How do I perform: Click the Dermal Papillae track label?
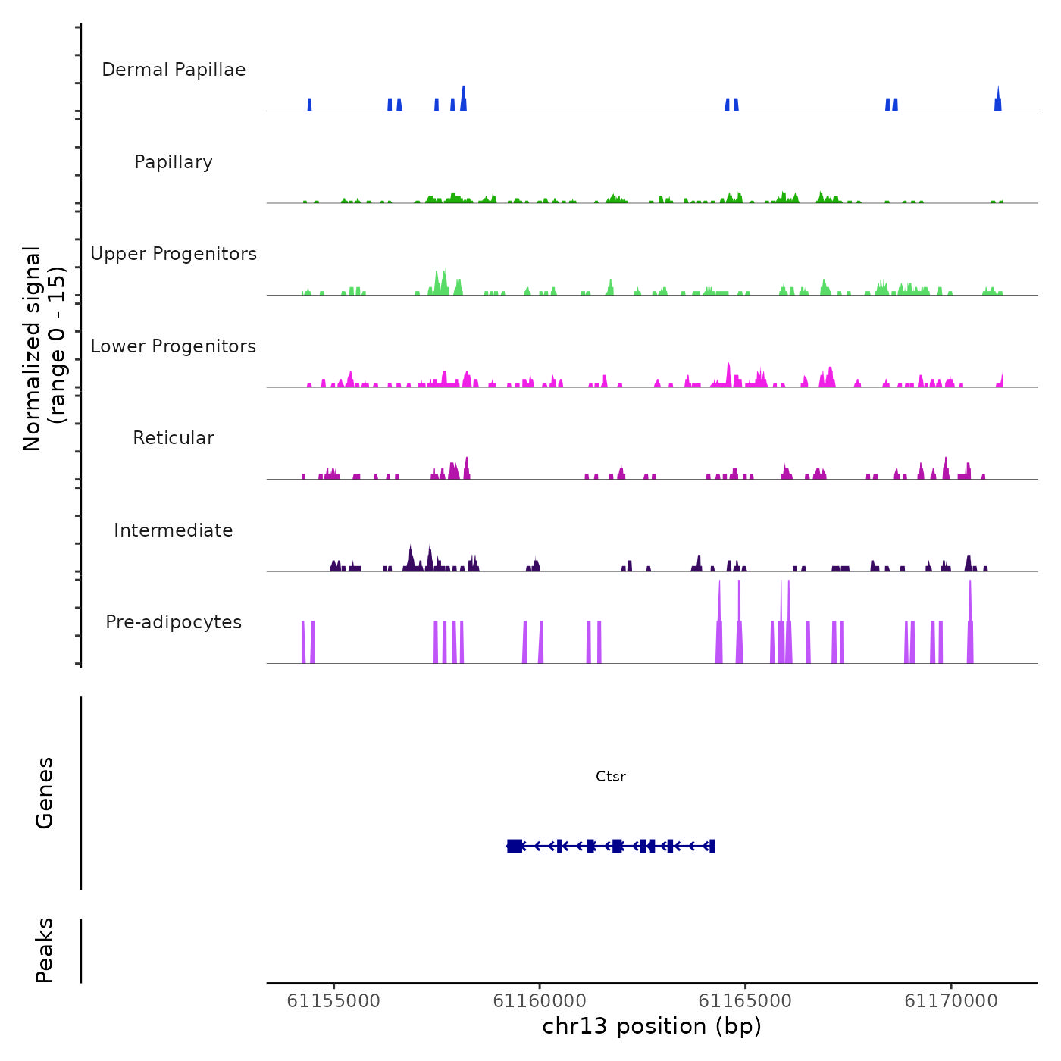point(174,70)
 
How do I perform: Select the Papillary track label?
point(174,162)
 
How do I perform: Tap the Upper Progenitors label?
point(174,254)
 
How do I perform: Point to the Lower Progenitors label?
point(174,346)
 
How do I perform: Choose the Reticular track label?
point(174,438)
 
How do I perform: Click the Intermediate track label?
point(174,530)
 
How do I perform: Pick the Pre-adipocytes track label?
point(174,622)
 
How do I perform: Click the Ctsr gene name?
point(611,776)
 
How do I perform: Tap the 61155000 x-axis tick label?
point(333,1001)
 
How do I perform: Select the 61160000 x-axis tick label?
point(540,1001)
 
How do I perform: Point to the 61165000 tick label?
point(745,1001)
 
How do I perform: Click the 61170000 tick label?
point(951,1001)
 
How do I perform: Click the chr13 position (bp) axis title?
point(652,1026)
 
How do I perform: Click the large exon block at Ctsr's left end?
point(515,846)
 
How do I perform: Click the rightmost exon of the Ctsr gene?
point(712,846)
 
